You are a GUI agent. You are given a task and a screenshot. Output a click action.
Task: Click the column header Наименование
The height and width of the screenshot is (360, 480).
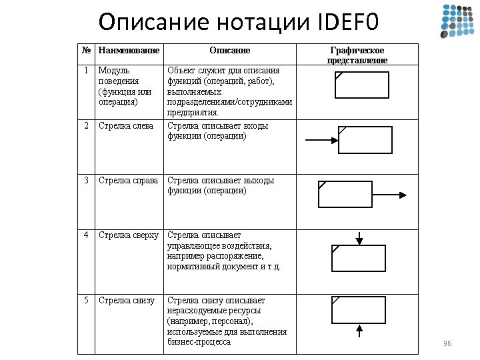tap(129, 51)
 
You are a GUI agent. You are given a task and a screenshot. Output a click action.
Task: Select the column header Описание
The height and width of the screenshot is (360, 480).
tap(229, 51)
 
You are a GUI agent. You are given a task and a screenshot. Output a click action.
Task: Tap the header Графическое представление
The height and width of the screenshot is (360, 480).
tap(357, 55)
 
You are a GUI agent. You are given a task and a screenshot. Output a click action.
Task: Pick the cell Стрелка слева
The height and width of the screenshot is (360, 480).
tap(125, 125)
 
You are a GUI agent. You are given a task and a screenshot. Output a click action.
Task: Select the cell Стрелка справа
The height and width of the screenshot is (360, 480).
tap(128, 180)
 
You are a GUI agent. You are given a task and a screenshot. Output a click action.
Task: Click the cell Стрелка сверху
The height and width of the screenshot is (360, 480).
tap(129, 235)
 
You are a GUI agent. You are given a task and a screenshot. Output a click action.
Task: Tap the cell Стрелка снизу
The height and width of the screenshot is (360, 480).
tap(126, 300)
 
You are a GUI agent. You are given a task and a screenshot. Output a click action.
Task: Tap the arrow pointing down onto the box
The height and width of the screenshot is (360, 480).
tap(359, 238)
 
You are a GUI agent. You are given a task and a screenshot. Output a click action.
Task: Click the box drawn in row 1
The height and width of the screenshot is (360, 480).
tap(360, 85)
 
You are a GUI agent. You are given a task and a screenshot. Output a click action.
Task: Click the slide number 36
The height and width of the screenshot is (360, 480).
tap(447, 343)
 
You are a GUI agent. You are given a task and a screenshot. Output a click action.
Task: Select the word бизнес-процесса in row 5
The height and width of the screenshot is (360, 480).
tap(199, 342)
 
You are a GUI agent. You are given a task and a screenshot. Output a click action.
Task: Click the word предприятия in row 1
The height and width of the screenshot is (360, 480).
tap(193, 113)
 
